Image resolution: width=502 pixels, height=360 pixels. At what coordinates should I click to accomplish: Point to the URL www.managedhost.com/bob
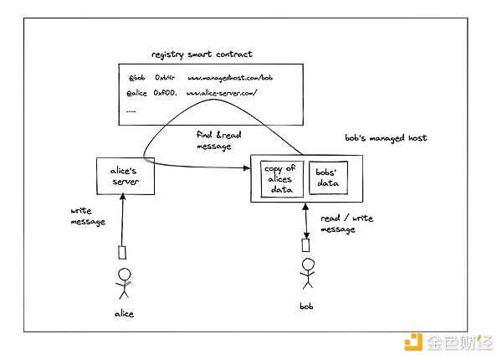[x=229, y=77]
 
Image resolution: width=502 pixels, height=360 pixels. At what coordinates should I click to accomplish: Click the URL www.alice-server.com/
[x=223, y=92]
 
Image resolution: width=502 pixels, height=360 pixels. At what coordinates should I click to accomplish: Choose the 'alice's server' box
[x=125, y=176]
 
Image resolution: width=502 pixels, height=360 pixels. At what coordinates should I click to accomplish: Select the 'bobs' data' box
[x=329, y=177]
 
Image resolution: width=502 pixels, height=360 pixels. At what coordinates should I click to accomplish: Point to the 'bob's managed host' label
[x=386, y=137]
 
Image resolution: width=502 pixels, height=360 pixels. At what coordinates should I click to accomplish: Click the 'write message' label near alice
[x=86, y=216]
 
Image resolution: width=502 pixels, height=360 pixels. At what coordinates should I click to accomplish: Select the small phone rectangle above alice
[x=122, y=251]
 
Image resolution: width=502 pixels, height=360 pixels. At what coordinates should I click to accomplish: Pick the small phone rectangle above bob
[x=307, y=246]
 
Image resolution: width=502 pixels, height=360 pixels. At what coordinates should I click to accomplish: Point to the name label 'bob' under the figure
[x=306, y=306]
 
